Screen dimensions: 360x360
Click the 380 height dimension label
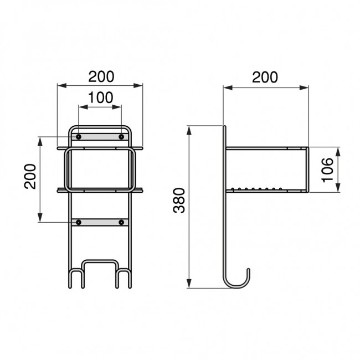[179, 200]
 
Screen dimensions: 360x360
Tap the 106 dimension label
[327, 170]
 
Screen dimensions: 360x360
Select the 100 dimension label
[101, 97]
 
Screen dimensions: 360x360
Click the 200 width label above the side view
[265, 77]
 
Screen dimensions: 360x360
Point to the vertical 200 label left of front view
[30, 176]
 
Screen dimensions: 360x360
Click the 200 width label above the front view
[101, 76]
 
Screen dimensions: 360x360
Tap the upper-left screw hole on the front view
[79, 137]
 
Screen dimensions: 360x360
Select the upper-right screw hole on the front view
[121, 137]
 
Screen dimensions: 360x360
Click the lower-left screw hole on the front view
[79, 222]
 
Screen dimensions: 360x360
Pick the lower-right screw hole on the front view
[121, 222]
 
